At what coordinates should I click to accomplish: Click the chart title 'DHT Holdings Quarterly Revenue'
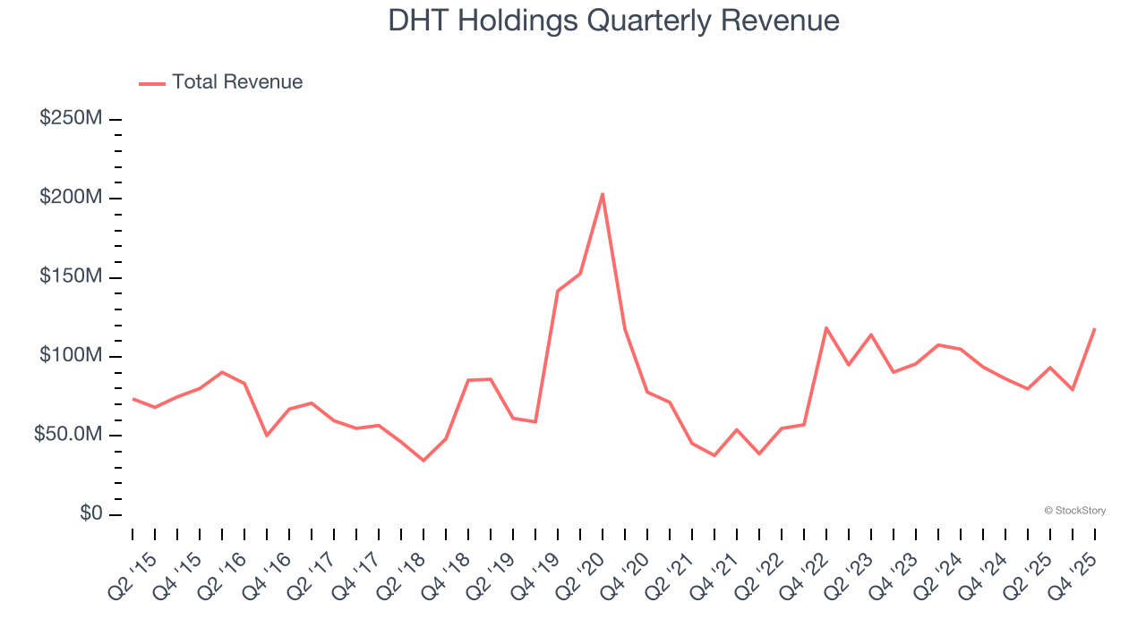point(613,21)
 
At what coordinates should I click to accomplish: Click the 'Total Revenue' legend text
point(237,82)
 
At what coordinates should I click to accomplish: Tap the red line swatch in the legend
point(152,83)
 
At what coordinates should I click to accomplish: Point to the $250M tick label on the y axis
point(71,118)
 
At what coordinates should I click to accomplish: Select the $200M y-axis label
point(71,198)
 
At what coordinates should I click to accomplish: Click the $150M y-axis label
point(71,277)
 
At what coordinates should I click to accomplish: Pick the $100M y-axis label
point(71,356)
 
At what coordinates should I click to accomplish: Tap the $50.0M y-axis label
point(68,436)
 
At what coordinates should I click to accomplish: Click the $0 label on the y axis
point(90,514)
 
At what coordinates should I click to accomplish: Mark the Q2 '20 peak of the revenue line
point(603,194)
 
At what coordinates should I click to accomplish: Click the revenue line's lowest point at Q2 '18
point(423,460)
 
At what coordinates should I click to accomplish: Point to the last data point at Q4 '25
point(1094,329)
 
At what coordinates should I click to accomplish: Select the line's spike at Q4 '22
point(825,328)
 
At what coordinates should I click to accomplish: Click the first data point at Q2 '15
point(133,399)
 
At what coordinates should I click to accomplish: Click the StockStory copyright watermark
point(1074,511)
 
